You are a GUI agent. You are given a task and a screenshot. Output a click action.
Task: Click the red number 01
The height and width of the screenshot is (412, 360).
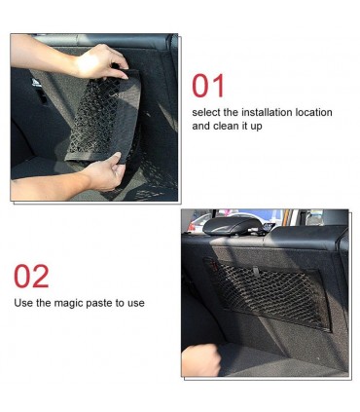(x=208, y=86)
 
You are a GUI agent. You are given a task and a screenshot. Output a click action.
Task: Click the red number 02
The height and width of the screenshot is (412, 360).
(x=31, y=277)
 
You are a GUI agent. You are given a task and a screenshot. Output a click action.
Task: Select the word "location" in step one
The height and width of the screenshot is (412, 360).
(x=313, y=112)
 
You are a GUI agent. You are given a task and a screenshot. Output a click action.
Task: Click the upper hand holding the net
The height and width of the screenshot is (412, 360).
(x=99, y=61)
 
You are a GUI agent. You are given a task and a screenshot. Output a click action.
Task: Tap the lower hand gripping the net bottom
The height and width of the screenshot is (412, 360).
(x=105, y=172)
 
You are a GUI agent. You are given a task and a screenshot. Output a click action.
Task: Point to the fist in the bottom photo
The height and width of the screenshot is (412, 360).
(x=201, y=359)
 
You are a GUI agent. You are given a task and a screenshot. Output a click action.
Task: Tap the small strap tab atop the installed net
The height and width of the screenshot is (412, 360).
(x=256, y=271)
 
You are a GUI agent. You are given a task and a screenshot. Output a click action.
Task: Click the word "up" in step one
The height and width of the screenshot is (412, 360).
(x=256, y=127)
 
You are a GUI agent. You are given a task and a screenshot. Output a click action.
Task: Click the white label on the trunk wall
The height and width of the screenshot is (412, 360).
(x=36, y=83)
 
